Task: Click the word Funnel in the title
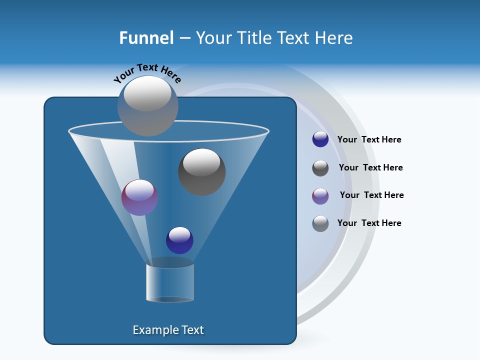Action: point(146,37)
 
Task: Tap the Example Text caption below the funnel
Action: point(168,330)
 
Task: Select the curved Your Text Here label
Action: point(147,72)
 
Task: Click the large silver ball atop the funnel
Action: point(148,106)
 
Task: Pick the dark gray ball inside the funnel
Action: point(202,172)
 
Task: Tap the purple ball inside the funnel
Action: point(140,197)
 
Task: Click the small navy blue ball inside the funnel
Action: point(179,240)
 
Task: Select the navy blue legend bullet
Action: point(320,139)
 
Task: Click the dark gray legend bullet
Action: point(320,168)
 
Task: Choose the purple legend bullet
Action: point(320,196)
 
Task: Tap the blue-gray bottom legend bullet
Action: point(320,223)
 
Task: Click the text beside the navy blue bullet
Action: point(369,140)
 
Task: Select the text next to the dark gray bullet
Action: point(370,167)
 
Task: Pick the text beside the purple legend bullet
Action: point(371,195)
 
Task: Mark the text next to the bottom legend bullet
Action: point(369,223)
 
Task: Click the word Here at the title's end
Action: point(335,37)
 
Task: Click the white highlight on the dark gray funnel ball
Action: point(202,162)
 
